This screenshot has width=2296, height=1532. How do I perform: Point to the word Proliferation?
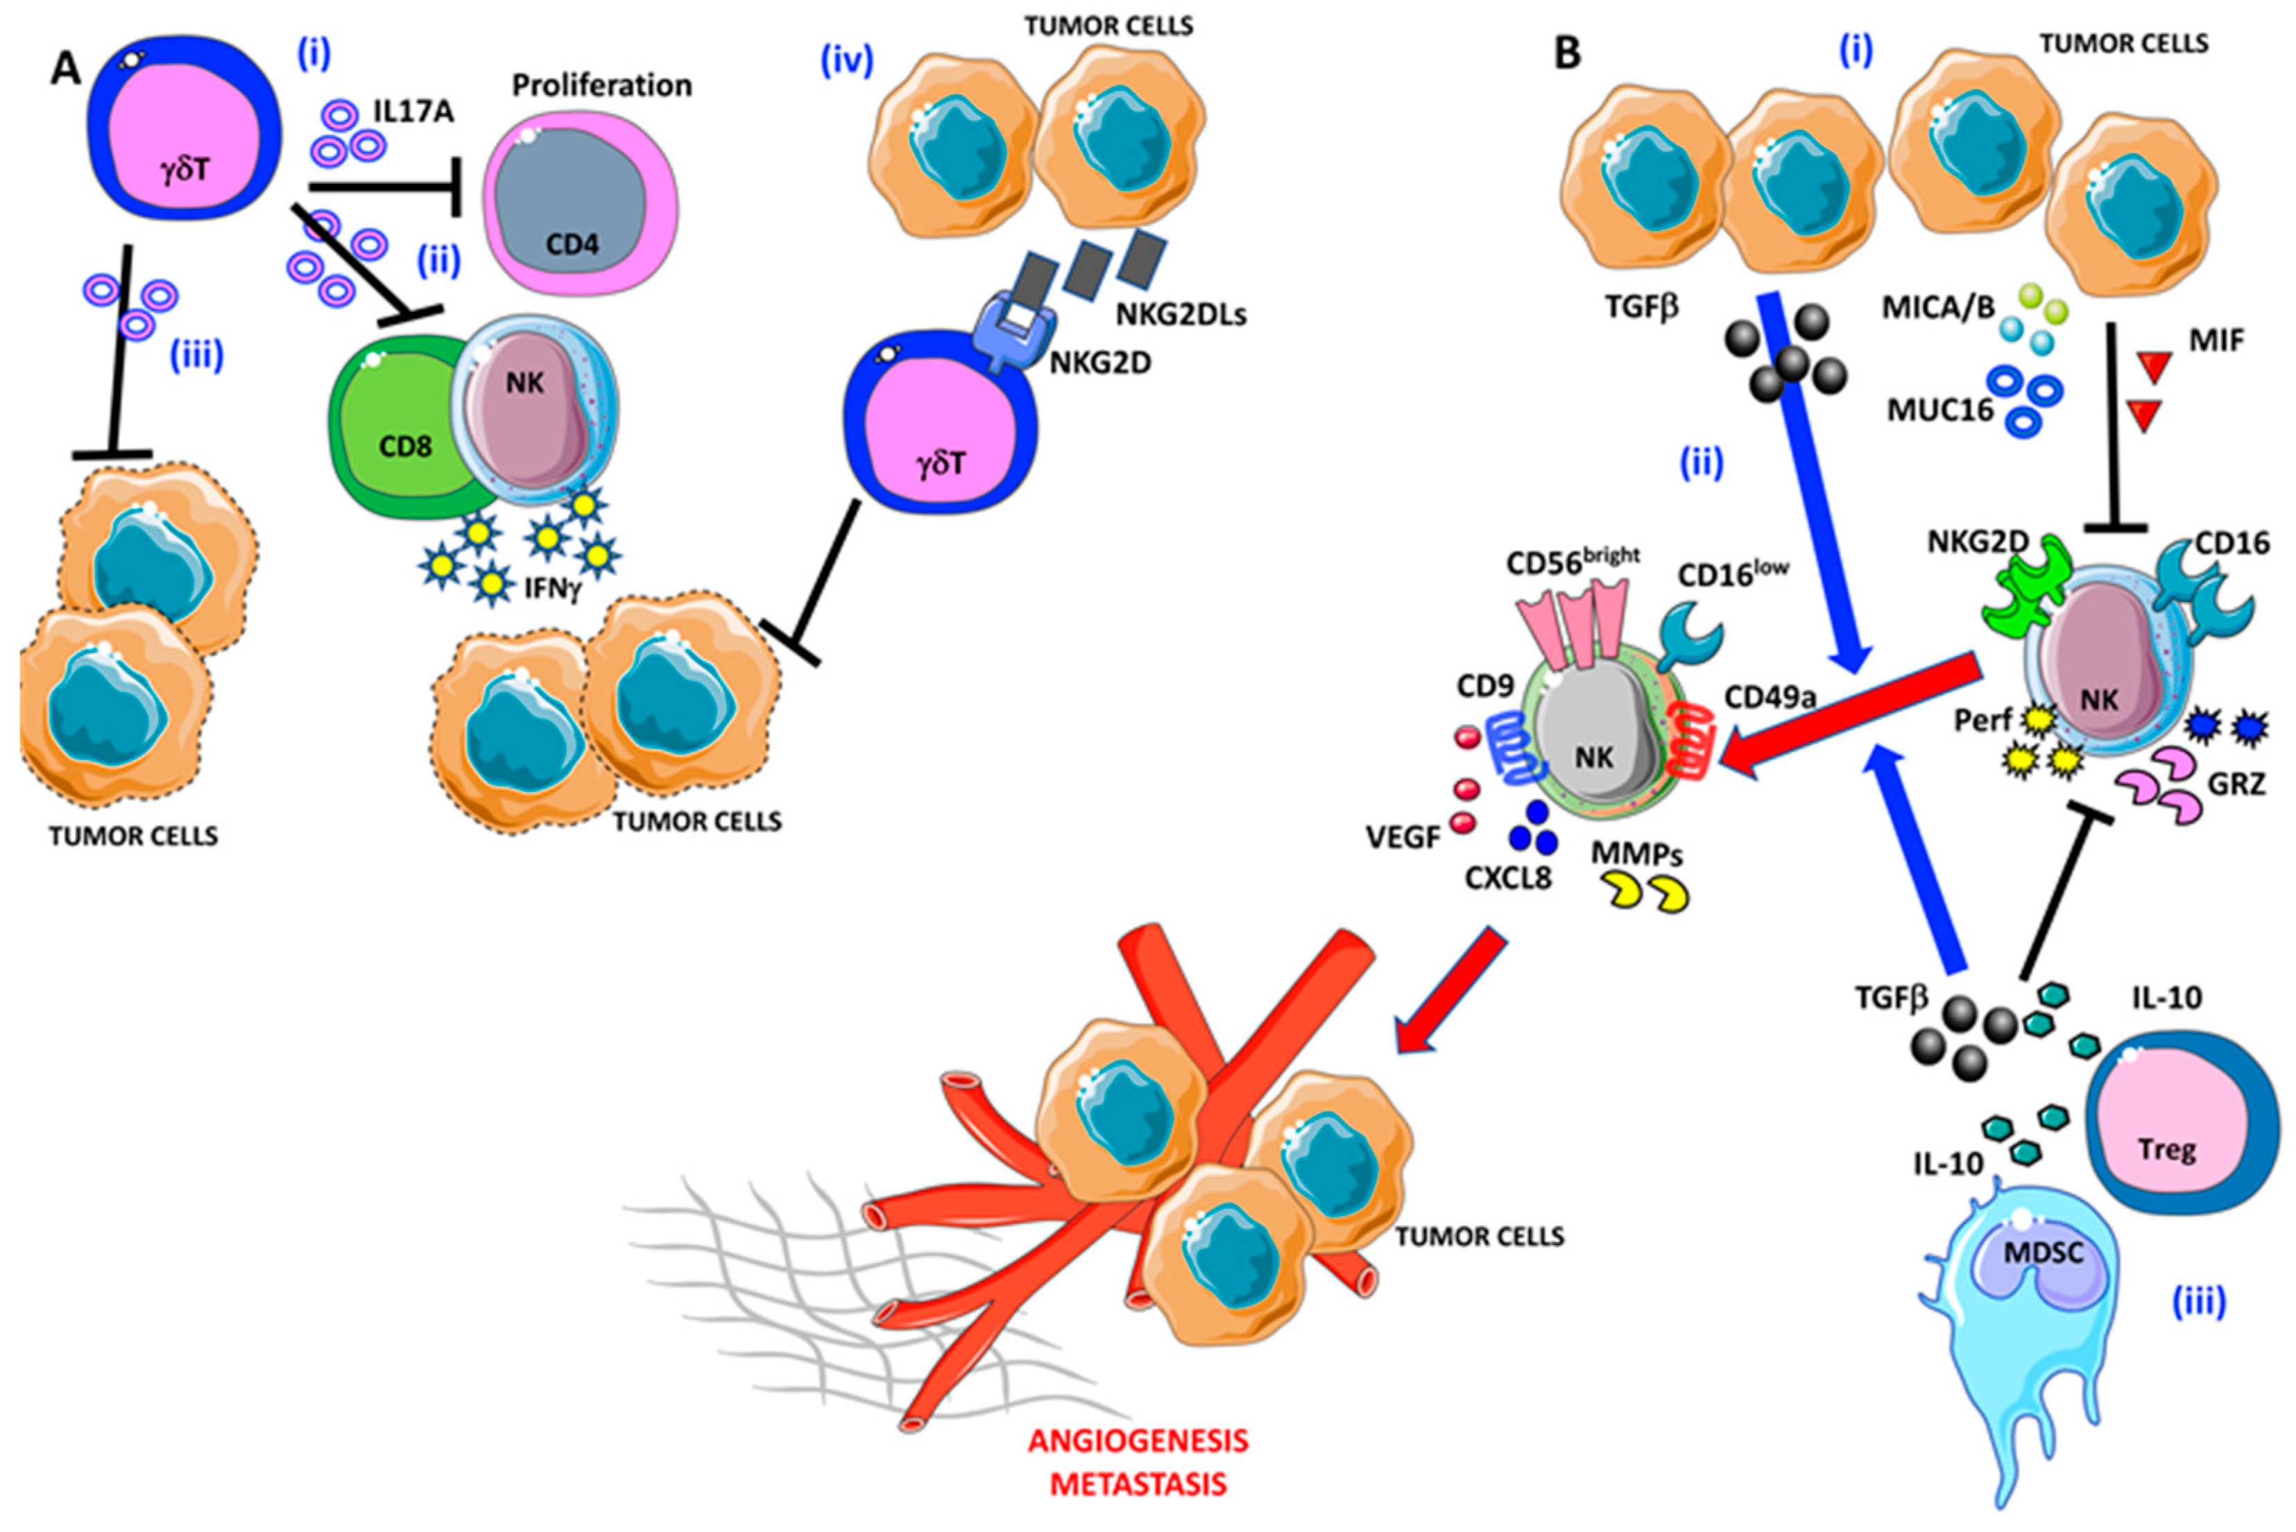(602, 86)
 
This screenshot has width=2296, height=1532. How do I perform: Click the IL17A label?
(413, 112)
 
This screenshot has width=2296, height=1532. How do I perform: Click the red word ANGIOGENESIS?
(1138, 1440)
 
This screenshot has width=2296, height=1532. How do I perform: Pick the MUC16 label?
(1939, 411)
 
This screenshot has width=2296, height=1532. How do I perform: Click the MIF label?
(2217, 341)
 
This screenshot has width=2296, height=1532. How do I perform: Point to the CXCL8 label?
(1507, 879)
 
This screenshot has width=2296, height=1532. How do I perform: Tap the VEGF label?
(1403, 837)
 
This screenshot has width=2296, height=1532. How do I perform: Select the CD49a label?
(1770, 696)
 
